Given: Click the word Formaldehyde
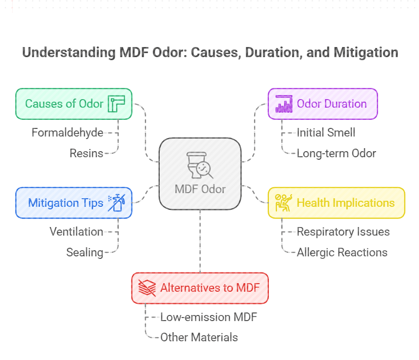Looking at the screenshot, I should [x=67, y=132].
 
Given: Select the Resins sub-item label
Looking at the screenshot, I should [x=86, y=153].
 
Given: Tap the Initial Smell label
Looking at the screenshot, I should [x=326, y=132].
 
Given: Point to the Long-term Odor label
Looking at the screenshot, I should [x=336, y=153].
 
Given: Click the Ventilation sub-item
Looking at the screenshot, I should [x=76, y=232].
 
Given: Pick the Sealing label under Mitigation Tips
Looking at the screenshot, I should [x=84, y=252].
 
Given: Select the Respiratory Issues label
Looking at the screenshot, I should [x=343, y=232].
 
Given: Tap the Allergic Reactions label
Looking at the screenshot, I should [x=342, y=252].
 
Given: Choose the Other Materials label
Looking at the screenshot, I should [x=199, y=337].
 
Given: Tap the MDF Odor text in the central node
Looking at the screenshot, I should [x=200, y=189].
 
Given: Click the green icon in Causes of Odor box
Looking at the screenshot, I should [x=116, y=104].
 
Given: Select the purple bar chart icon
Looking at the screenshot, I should [x=284, y=104].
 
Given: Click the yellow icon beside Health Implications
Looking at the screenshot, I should [x=283, y=203].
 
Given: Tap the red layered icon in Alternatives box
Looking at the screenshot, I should [x=147, y=288].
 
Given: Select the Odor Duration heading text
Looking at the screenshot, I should [x=332, y=104].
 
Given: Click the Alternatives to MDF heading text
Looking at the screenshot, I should [x=210, y=288].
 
